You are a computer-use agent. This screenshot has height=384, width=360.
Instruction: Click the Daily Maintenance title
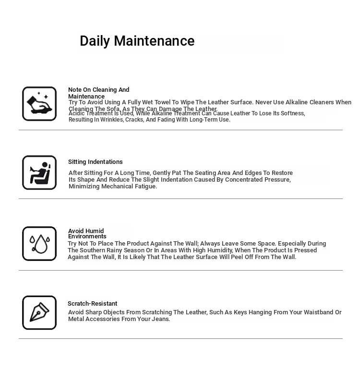click(x=137, y=41)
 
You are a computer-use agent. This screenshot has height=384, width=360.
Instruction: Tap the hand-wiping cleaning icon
click(x=39, y=104)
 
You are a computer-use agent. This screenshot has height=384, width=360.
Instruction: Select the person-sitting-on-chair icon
click(x=39, y=173)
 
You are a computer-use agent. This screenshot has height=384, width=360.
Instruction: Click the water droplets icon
click(x=39, y=244)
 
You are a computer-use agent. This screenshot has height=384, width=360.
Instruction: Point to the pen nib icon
click(x=39, y=313)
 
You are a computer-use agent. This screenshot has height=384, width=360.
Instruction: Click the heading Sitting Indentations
click(x=95, y=162)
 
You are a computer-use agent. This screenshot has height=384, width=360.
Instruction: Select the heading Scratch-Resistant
click(x=92, y=304)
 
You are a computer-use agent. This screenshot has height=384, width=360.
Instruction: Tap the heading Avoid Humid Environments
click(x=87, y=234)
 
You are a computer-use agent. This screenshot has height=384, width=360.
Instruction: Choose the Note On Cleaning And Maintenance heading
click(x=98, y=93)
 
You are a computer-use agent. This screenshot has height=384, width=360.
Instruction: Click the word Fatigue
click(x=145, y=186)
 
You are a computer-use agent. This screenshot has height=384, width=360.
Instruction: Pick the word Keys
click(x=240, y=312)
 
